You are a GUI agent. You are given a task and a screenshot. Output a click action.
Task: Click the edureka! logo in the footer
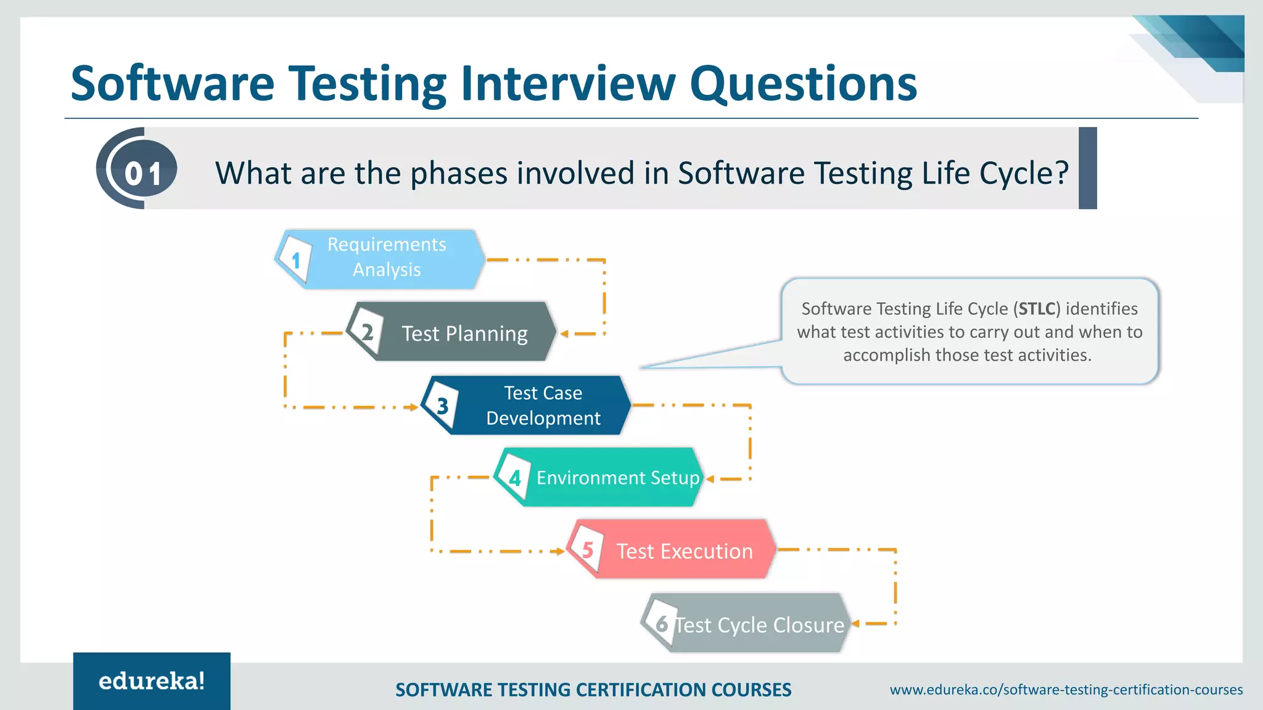(152, 681)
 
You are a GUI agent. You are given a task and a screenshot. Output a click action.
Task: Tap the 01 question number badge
(142, 173)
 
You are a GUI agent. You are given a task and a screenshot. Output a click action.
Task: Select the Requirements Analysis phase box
(387, 258)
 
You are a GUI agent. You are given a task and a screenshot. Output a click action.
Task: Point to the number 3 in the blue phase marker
(442, 406)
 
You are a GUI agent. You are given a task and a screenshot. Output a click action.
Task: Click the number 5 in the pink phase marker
(587, 550)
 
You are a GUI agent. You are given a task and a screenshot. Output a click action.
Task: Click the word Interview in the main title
(568, 84)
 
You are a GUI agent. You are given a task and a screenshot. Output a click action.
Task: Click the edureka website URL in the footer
(1066, 690)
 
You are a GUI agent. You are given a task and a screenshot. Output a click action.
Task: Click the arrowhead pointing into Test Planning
(564, 333)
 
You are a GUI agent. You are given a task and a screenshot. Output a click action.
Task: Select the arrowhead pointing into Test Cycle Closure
(855, 624)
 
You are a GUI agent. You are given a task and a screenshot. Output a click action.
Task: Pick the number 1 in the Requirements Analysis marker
(296, 260)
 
